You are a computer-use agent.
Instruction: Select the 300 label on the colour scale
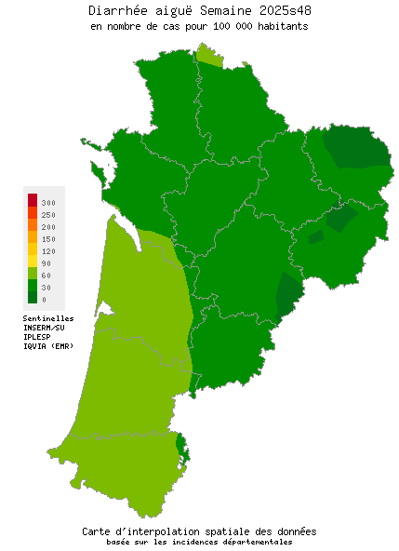click(48, 202)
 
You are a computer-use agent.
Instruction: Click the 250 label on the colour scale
click(48, 215)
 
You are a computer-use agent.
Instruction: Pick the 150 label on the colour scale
click(48, 239)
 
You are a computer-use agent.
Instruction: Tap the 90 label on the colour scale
click(47, 263)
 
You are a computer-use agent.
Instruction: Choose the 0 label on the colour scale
click(44, 300)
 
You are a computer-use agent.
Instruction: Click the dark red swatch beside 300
click(33, 199)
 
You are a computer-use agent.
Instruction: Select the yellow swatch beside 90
click(33, 262)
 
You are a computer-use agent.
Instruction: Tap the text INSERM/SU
click(45, 328)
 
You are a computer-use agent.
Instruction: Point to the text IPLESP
click(38, 337)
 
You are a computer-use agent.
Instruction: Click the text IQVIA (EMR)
click(48, 346)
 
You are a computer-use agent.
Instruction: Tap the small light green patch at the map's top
click(210, 58)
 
